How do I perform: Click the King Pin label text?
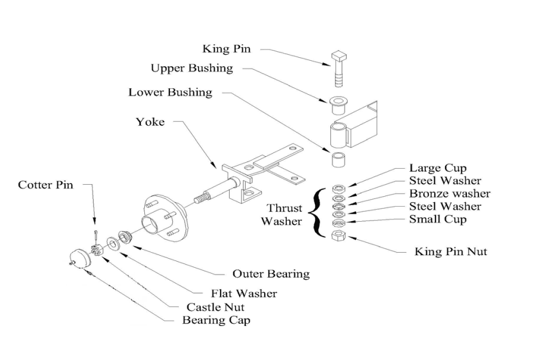(227, 49)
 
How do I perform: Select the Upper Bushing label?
(191, 69)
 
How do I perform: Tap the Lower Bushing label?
(170, 92)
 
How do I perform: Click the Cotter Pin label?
(46, 185)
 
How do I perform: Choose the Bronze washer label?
(449, 194)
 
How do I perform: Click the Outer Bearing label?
(271, 274)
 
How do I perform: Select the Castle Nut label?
(215, 307)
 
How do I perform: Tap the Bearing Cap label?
(216, 320)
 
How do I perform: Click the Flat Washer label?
(244, 293)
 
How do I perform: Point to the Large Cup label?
(438, 168)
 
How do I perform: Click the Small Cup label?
(438, 219)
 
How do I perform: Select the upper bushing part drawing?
(338, 105)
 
